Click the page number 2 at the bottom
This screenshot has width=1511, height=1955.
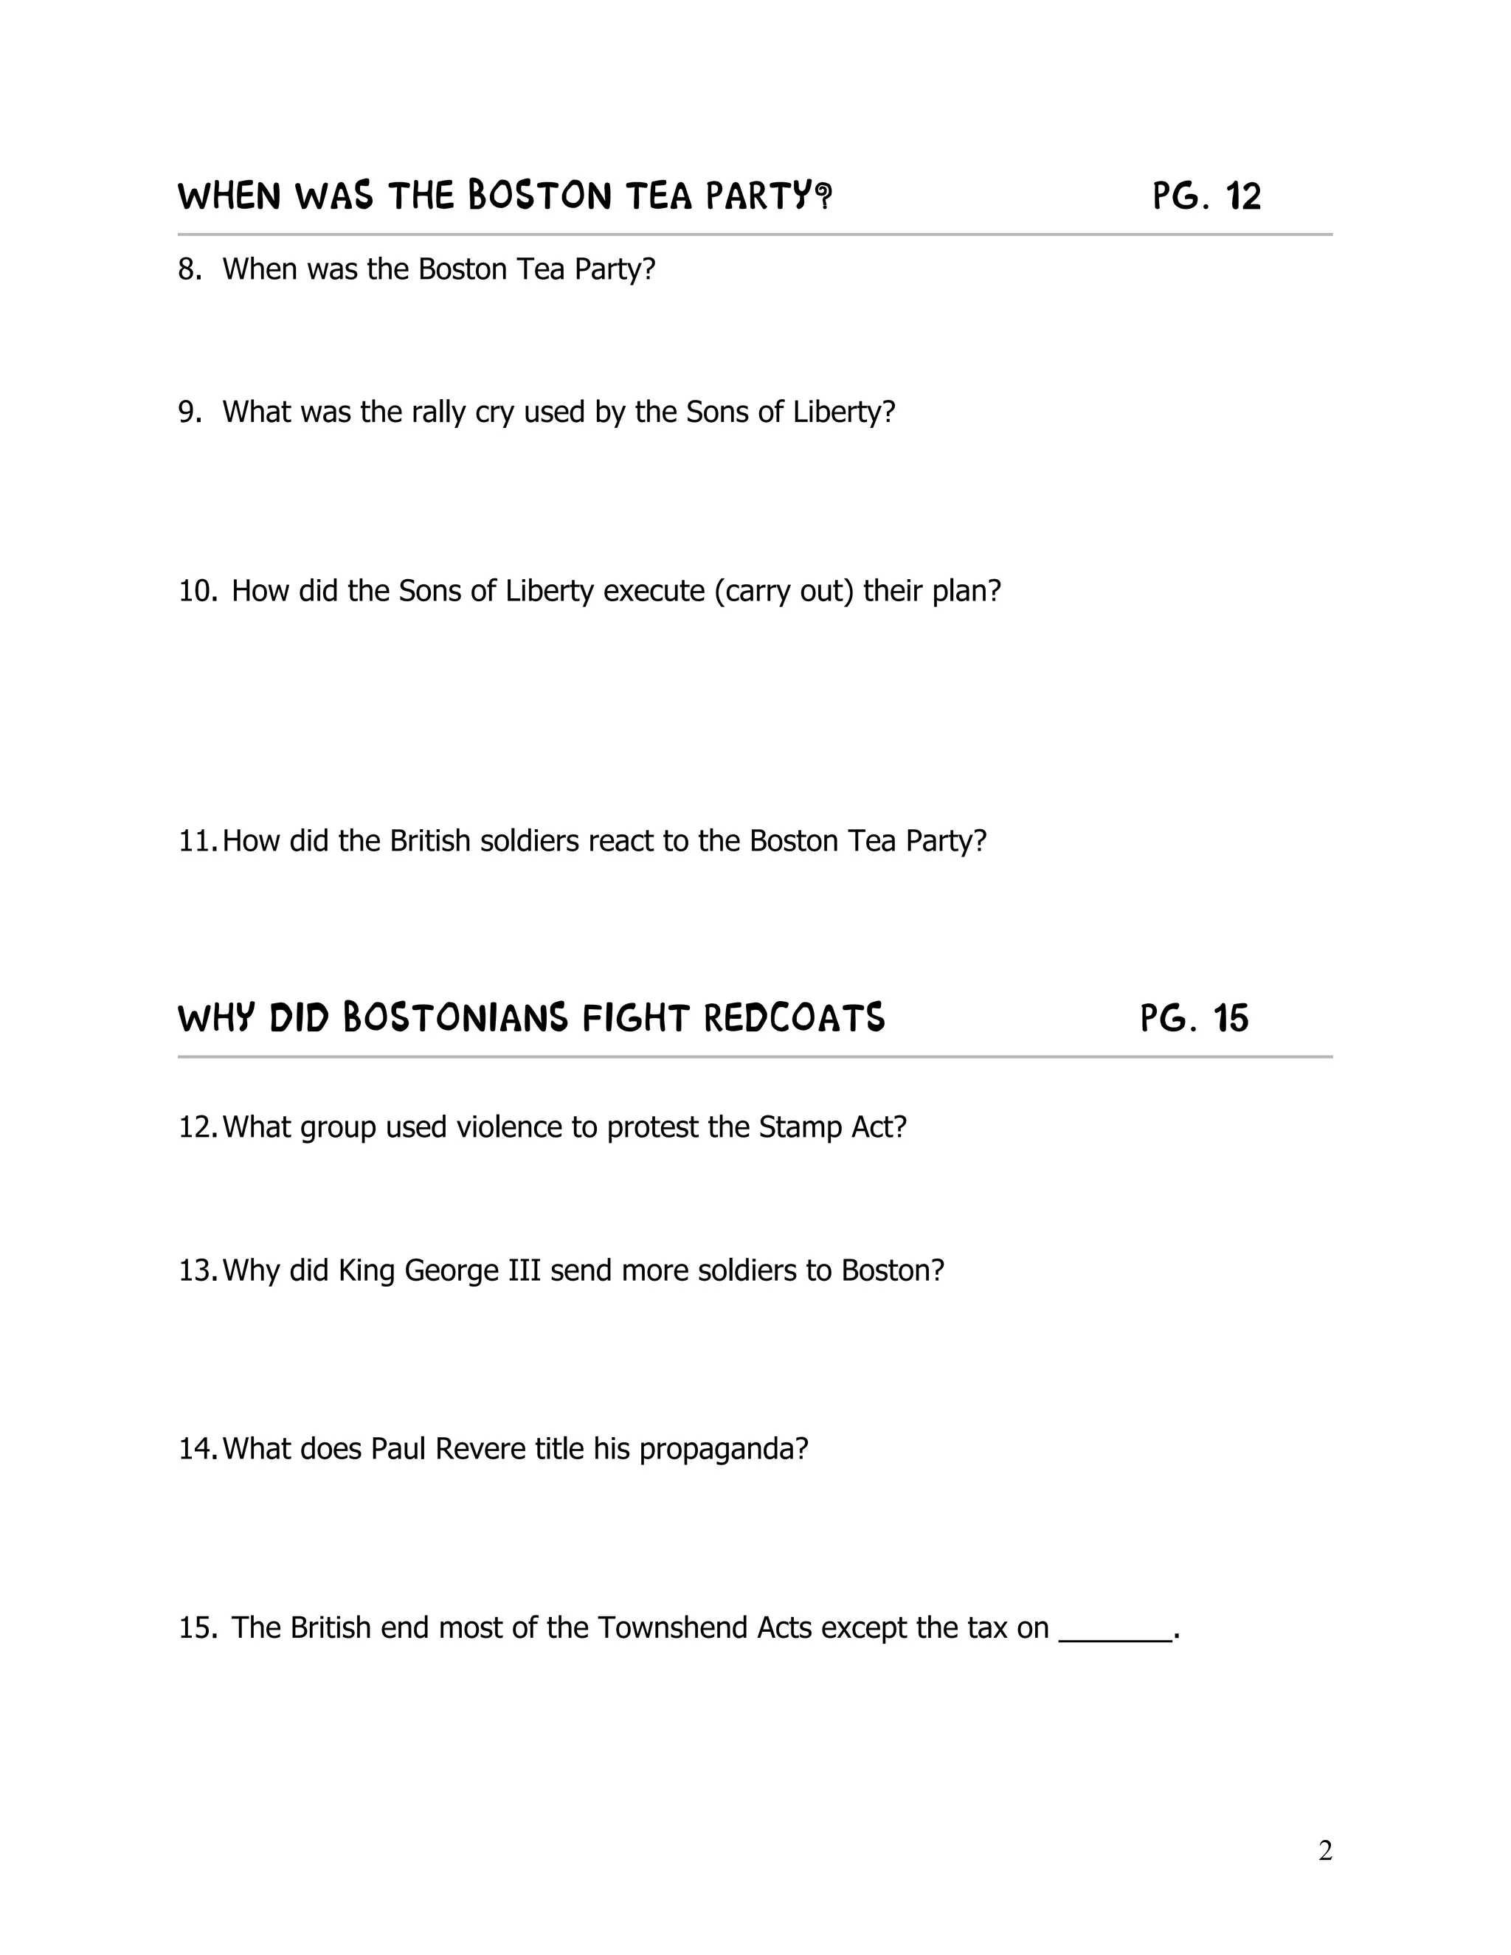tap(1325, 1850)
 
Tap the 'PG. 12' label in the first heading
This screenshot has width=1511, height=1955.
tap(1206, 196)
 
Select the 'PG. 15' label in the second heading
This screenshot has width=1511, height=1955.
tap(1194, 1019)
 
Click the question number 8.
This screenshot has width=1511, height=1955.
tap(189, 269)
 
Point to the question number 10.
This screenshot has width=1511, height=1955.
tap(198, 591)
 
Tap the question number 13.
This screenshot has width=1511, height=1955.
tap(197, 1270)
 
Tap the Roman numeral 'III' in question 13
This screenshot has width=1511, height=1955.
tap(525, 1270)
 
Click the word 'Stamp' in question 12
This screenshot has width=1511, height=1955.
tap(799, 1127)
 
